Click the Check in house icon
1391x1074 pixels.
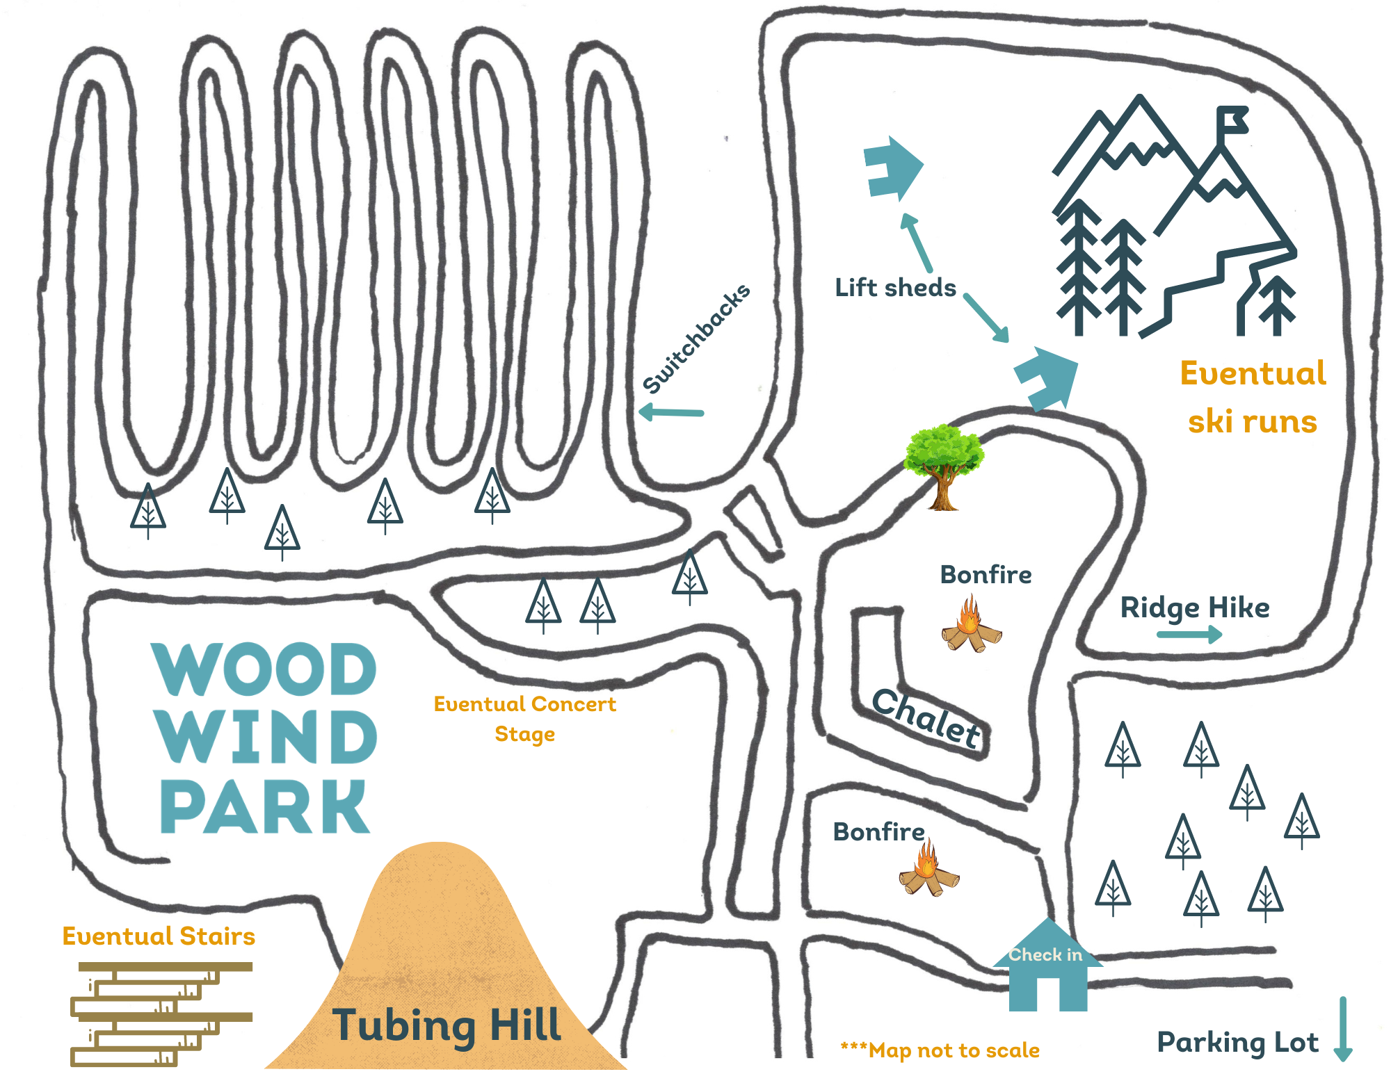pos(1047,970)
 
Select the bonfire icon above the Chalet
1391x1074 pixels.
pos(971,626)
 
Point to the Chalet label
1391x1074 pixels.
pos(928,718)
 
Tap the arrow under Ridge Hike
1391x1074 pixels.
pos(1189,634)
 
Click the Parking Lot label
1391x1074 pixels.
pos(1237,1043)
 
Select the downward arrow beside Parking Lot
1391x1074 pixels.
pos(1343,1029)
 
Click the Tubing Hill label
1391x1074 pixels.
pos(447,1025)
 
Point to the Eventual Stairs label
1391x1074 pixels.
pos(159,936)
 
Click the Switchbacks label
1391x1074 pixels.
pos(696,339)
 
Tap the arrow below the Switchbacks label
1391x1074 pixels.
pos(671,412)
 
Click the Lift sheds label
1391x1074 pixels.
pos(895,288)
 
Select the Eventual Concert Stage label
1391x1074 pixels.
pos(525,719)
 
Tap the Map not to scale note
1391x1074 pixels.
pos(940,1050)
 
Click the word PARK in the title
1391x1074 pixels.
pos(264,806)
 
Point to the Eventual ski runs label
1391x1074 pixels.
pos(1253,397)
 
